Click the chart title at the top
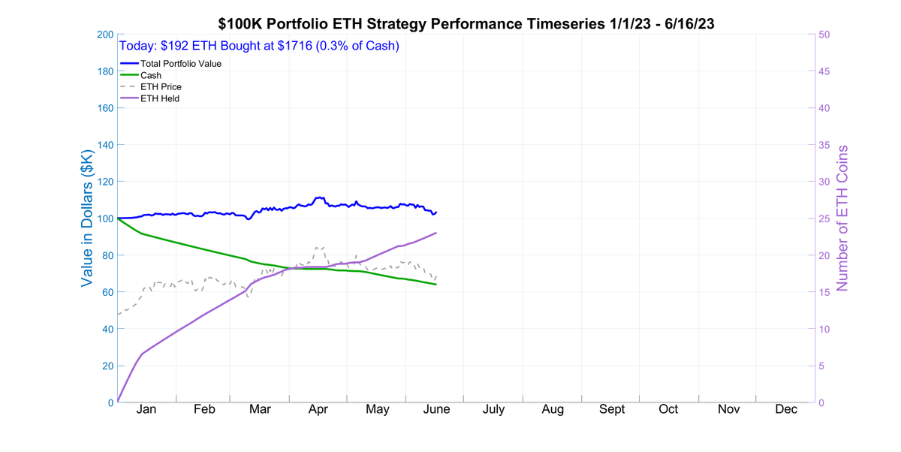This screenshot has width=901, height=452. coord(466,24)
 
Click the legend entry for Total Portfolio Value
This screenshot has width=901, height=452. coord(180,64)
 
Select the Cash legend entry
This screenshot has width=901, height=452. coord(151,75)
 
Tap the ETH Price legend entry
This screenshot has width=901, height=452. coord(161,87)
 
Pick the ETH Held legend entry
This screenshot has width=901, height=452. coord(160,98)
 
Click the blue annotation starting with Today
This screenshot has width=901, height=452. coord(259,46)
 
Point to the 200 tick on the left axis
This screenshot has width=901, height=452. coord(104,35)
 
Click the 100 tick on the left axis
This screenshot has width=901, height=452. coord(104,218)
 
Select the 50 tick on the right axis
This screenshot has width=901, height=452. coord(824,35)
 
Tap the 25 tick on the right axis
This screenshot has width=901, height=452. coord(824,218)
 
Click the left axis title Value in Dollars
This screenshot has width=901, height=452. coord(88,218)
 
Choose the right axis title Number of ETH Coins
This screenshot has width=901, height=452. coord(842,218)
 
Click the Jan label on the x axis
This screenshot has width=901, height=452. coord(146,410)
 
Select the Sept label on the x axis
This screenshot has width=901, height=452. coord(611,410)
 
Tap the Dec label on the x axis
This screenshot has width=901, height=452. coord(786,410)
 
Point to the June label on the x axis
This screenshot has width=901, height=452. coord(436,410)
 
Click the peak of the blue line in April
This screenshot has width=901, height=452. coord(320,197)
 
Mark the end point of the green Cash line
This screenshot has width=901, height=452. coord(436,284)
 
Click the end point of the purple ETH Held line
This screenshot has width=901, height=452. coord(436,233)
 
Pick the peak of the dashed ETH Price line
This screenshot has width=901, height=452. coord(319,247)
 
